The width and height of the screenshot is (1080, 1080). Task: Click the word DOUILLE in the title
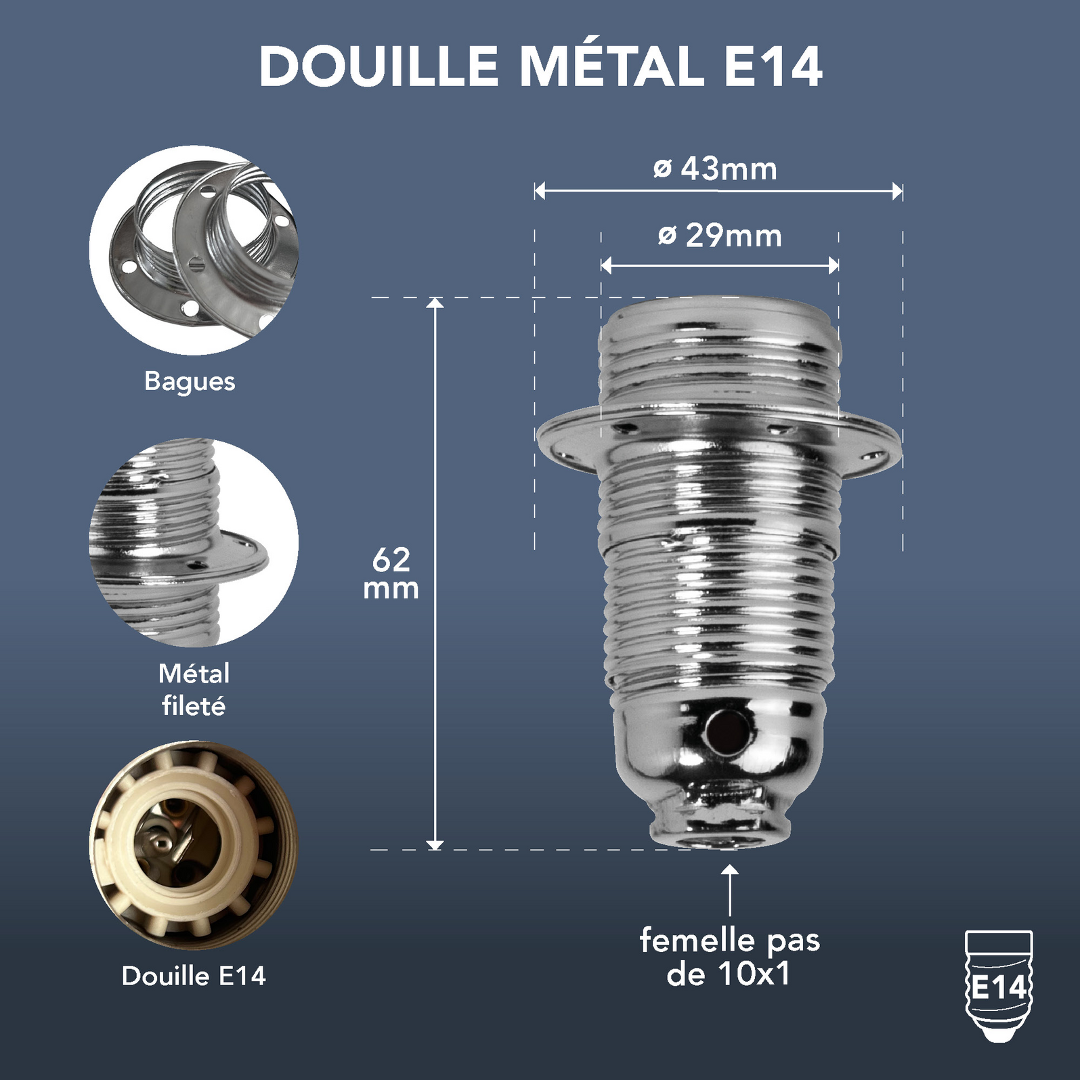click(379, 66)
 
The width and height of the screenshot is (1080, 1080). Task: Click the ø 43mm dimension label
click(716, 168)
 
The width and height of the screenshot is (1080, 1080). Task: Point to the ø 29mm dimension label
click(720, 236)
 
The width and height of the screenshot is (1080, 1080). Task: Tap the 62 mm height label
click(391, 574)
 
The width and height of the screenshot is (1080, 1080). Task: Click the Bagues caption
click(190, 381)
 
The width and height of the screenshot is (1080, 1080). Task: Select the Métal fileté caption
click(194, 689)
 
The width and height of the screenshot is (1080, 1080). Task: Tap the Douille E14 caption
click(194, 976)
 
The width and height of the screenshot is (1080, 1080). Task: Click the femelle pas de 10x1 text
click(729, 957)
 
